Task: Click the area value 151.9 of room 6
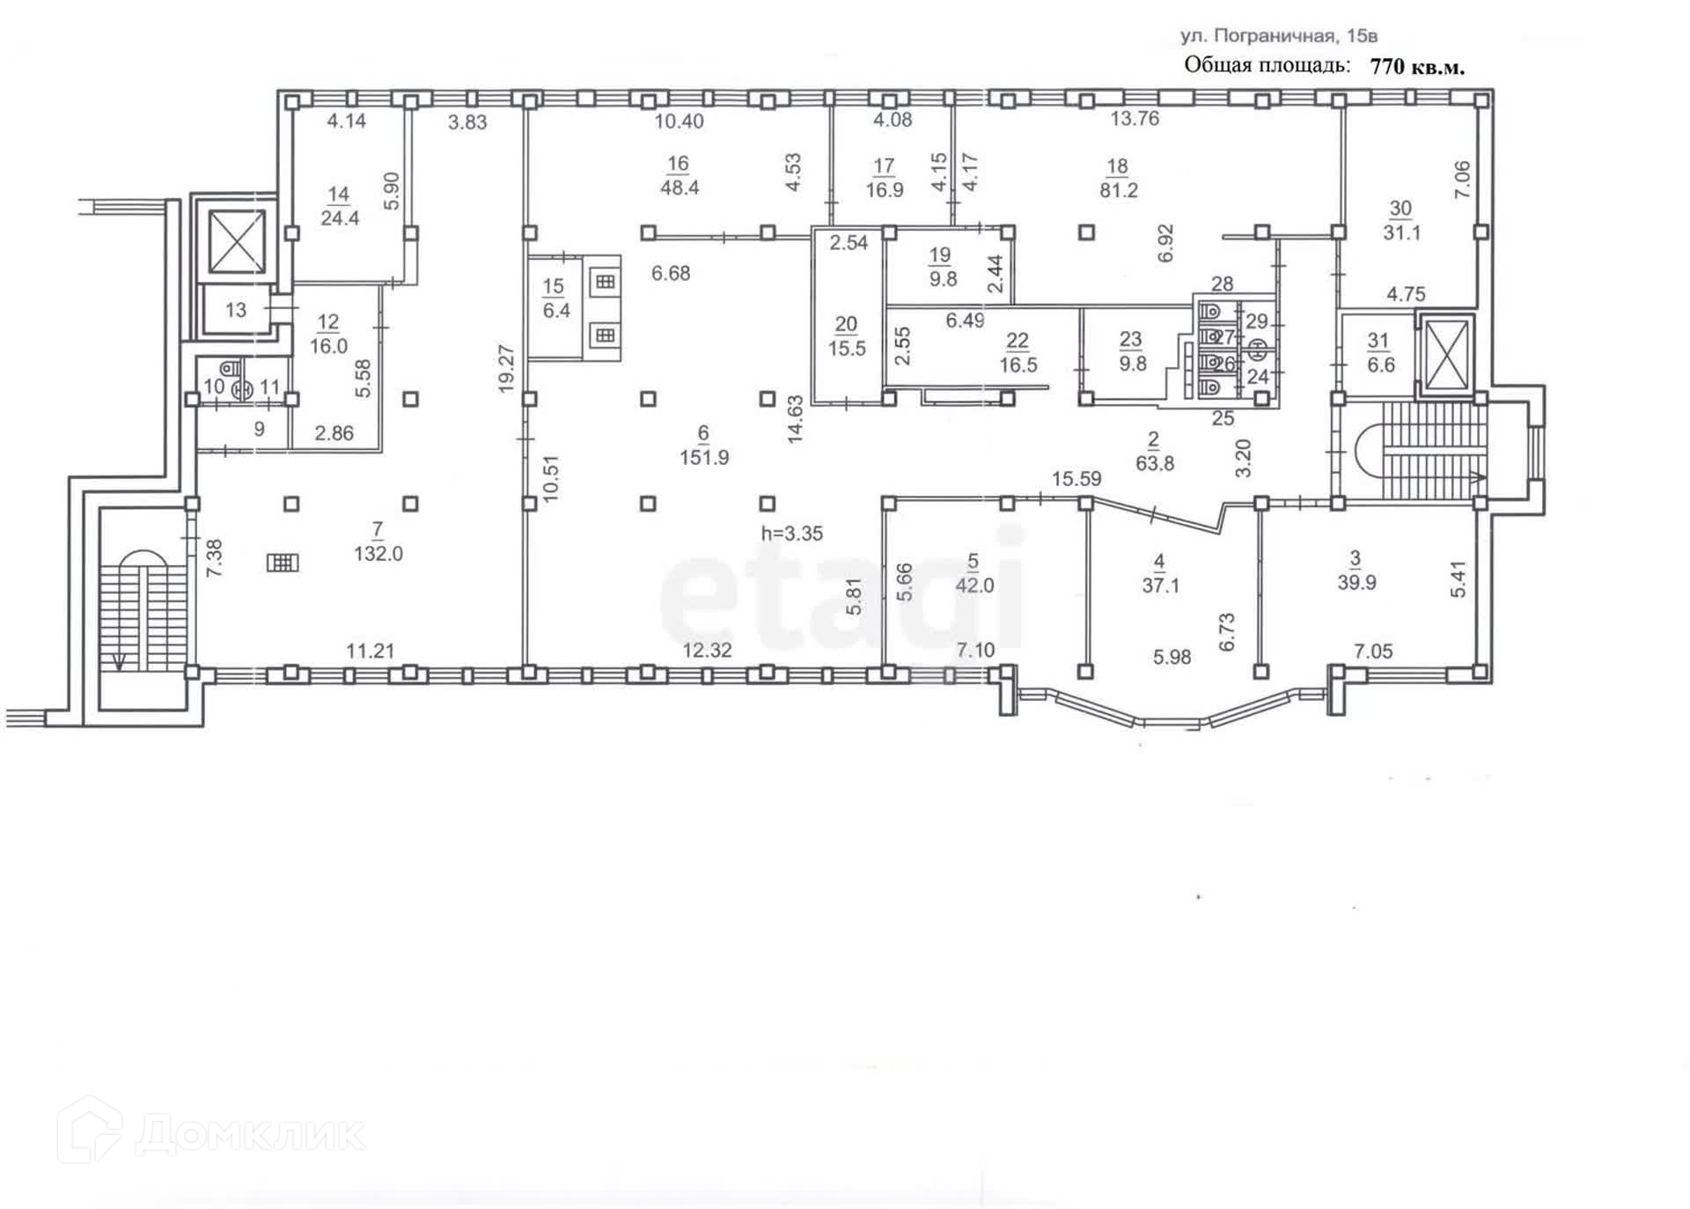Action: [703, 458]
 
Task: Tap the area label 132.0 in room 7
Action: [378, 554]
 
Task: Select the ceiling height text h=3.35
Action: [791, 534]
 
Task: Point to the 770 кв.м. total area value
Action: [1417, 67]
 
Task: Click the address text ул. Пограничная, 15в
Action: [1278, 36]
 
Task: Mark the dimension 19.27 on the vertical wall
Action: [506, 368]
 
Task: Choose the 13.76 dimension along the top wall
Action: [1135, 118]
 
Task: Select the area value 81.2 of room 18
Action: [1118, 190]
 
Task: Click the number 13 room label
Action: [236, 310]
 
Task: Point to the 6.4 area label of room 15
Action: [556, 311]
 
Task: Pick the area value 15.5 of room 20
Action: [846, 349]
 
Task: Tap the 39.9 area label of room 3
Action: [1356, 583]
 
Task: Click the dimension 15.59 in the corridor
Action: [1076, 479]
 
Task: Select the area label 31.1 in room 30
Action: [1401, 233]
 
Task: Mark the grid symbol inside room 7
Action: [283, 562]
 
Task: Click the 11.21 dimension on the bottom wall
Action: [370, 652]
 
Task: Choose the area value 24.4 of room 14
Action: [340, 217]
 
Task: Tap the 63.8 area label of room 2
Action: [1154, 463]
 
